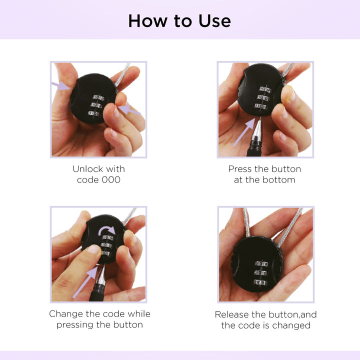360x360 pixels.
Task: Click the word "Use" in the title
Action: pos(214,21)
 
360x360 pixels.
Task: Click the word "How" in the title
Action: pos(147,21)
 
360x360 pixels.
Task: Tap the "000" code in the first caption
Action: pos(111,180)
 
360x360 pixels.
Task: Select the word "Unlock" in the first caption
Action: pos(87,169)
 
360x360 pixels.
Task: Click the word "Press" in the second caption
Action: pos(240,169)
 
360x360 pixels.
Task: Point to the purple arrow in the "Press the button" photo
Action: pos(244,132)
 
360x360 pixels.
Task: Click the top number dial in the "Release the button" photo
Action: pos(261,264)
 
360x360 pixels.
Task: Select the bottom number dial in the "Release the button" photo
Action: pos(260,282)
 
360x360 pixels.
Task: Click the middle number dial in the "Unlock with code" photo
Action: pos(96,105)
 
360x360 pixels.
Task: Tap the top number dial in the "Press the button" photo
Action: pos(265,89)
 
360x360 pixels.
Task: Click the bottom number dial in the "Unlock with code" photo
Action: pos(94,113)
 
